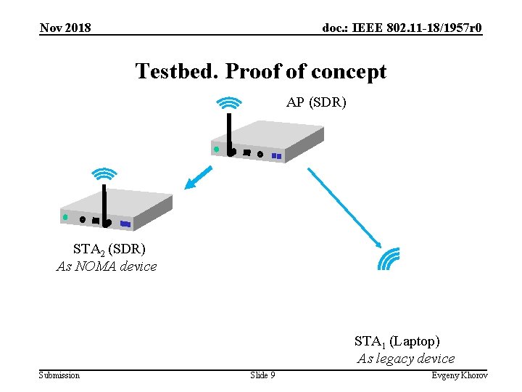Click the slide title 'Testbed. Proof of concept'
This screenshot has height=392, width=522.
261,72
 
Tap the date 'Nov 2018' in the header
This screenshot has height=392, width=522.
65,28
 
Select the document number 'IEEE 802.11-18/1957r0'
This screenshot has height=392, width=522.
402,28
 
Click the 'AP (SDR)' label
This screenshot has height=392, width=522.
316,102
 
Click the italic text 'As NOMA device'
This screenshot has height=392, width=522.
107,266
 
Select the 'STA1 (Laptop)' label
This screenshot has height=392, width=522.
397,340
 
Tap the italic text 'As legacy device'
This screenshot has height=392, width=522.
406,359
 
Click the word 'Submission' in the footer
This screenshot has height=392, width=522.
59,375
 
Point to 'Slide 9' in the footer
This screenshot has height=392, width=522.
262,375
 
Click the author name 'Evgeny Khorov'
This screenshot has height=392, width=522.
460,375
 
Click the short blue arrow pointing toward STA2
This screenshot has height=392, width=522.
198,178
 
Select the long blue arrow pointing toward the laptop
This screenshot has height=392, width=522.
344,205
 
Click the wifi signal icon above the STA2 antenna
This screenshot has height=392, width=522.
104,174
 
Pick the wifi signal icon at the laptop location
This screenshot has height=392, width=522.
390,258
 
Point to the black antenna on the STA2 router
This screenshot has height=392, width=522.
105,203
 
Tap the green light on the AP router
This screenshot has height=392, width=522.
215,150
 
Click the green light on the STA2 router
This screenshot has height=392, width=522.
65,217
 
